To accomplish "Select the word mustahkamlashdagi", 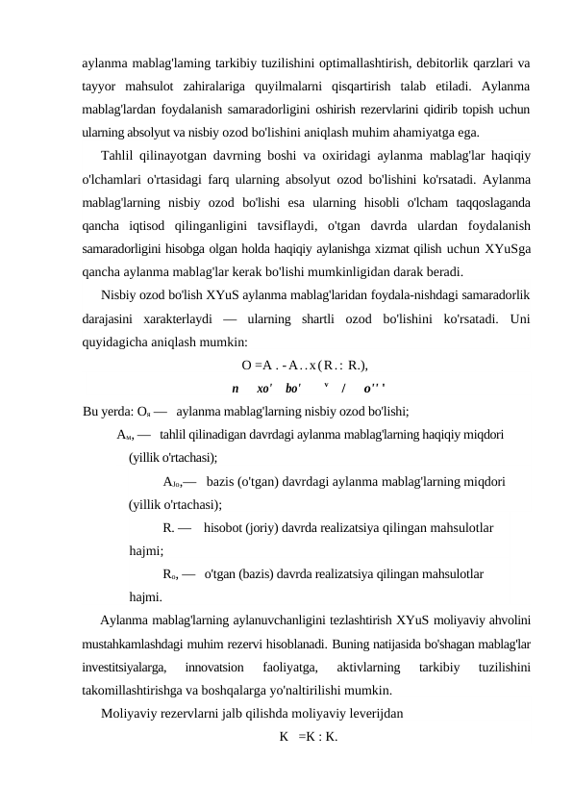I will pyautogui.click(x=139, y=643).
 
